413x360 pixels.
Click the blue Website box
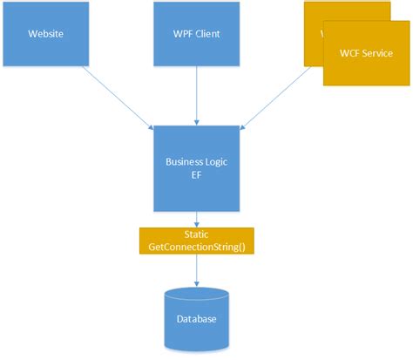pyautogui.click(x=44, y=35)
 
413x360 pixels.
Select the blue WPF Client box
pyautogui.click(x=197, y=35)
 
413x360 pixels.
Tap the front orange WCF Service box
pyautogui.click(x=365, y=52)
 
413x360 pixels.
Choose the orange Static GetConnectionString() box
pyautogui.click(x=196, y=241)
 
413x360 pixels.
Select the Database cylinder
pyautogui.click(x=196, y=318)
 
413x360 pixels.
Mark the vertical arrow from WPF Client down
pyautogui.click(x=197, y=96)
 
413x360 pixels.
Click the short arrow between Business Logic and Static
pyautogui.click(x=196, y=220)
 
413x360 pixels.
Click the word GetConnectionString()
pyautogui.click(x=196, y=248)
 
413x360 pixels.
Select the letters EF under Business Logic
pyautogui.click(x=196, y=175)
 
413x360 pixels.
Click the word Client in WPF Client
pyautogui.click(x=208, y=35)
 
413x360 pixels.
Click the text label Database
pyautogui.click(x=196, y=320)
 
